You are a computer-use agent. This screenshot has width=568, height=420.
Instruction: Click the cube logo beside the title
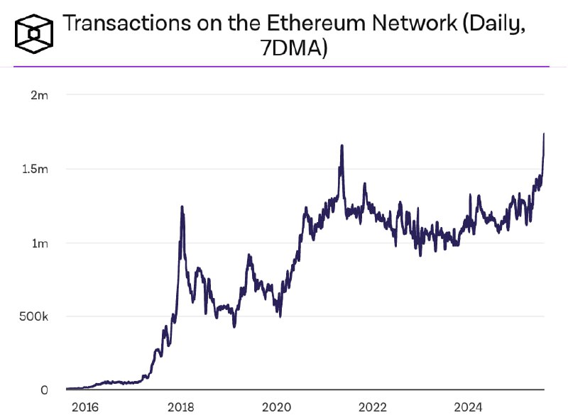point(33,31)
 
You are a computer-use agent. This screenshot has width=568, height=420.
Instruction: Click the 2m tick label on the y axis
point(40,95)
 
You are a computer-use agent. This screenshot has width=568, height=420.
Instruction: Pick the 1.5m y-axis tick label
point(35,170)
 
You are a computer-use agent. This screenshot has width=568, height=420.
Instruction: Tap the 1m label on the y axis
point(40,243)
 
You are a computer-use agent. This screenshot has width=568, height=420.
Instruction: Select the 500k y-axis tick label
point(34,316)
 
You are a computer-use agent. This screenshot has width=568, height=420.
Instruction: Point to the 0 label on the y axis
point(44,390)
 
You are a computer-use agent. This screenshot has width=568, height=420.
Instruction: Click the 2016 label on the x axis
point(84,408)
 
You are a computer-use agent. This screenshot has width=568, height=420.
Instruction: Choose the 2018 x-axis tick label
point(180,408)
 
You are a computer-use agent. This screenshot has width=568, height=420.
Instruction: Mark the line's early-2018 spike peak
point(182,207)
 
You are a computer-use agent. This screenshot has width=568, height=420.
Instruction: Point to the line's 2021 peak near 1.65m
point(342,145)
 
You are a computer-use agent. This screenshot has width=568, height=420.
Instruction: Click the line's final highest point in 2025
point(544,133)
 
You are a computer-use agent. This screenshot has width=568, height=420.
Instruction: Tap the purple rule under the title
point(284,67)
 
